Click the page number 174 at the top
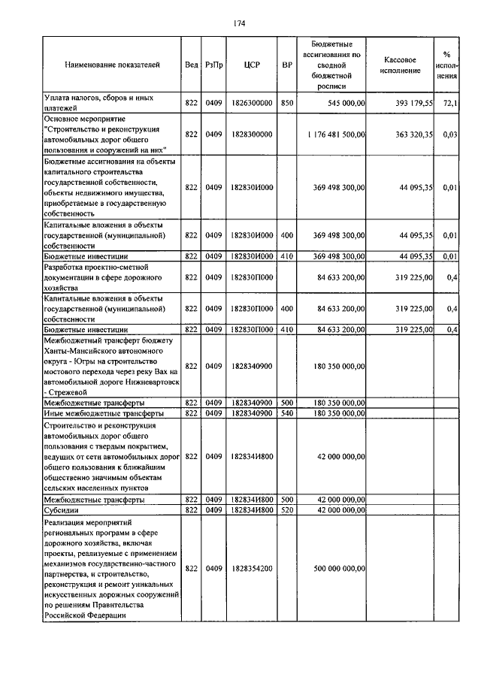pos(240,23)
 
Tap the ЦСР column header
pos(252,65)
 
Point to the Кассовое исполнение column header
pos(400,65)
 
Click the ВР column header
pos(286,65)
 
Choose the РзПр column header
pos(213,65)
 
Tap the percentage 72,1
pos(449,102)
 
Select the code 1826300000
pos(252,102)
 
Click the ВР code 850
pos(286,102)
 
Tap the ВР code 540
pos(286,413)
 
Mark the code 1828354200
pos(252,568)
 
